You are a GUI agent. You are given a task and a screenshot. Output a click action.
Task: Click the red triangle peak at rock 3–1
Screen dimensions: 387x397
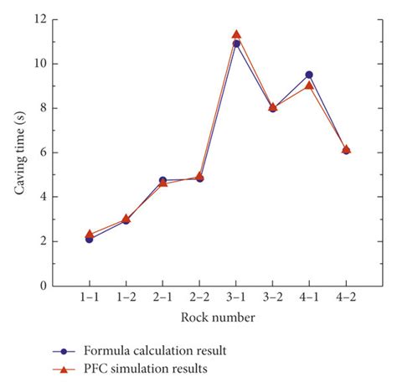click(x=236, y=34)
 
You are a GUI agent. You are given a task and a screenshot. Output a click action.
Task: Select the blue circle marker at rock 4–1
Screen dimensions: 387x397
click(x=309, y=75)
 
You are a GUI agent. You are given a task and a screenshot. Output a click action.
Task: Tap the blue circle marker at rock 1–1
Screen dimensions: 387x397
click(x=89, y=239)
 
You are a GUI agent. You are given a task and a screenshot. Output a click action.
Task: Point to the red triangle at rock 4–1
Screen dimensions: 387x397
click(x=309, y=85)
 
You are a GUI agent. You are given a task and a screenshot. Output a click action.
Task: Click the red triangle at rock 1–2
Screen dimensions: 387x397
click(x=126, y=219)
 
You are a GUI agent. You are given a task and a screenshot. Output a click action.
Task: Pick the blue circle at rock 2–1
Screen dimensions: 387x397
click(x=162, y=180)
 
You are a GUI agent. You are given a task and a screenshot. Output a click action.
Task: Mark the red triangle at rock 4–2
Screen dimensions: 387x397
click(x=346, y=149)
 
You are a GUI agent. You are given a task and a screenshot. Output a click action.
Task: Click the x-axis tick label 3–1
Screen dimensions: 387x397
click(x=236, y=298)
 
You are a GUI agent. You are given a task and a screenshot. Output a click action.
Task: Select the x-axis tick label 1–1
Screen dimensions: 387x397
click(x=89, y=298)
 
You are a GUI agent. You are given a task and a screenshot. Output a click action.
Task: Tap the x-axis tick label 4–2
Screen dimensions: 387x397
click(x=346, y=298)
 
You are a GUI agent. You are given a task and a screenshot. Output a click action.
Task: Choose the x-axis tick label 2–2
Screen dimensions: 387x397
click(x=199, y=298)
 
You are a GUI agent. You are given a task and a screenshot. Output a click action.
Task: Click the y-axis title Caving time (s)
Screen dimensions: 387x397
click(x=19, y=152)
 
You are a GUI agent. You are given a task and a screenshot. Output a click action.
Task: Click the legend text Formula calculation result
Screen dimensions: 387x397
click(x=156, y=351)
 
